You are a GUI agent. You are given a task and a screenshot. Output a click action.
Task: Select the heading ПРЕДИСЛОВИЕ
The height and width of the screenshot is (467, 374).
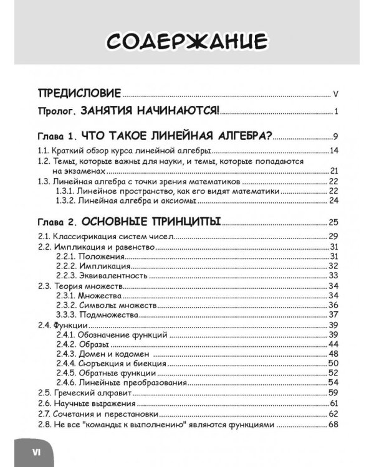[79, 94]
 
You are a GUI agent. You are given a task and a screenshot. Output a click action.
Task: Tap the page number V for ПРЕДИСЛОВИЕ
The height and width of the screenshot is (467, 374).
[335, 95]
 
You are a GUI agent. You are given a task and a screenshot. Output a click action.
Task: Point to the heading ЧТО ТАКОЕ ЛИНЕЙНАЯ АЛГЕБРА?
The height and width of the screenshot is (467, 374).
[181, 136]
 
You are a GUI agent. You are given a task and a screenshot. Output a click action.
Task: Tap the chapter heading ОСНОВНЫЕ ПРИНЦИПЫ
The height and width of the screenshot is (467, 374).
[152, 222]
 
